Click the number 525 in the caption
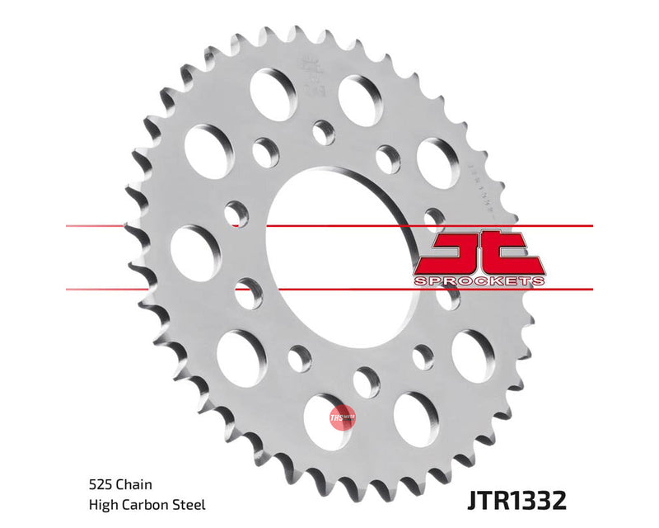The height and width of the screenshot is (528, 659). tap(99, 486)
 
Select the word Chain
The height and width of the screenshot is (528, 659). tap(132, 486)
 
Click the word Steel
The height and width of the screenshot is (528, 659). tap(188, 504)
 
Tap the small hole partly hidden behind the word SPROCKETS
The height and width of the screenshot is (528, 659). tap(447, 296)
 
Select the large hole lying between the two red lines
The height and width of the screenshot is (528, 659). tap(190, 251)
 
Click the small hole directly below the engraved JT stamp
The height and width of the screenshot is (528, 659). tap(324, 132)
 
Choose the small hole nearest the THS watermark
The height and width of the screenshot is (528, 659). tap(367, 382)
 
